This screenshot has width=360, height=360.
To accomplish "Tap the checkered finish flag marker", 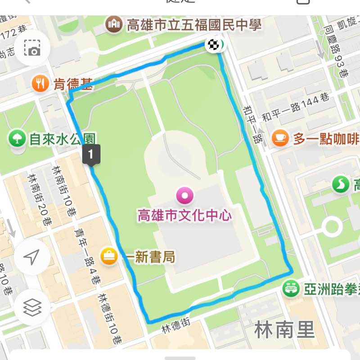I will click(x=213, y=44).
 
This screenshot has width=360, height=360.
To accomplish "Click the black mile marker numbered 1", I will click(x=91, y=155).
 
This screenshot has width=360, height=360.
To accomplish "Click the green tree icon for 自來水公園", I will click(x=17, y=138).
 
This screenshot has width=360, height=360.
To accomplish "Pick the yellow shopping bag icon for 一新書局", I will click(x=109, y=257).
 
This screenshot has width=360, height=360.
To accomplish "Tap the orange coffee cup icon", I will click(x=280, y=138).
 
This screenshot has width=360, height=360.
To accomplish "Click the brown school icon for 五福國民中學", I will click(x=114, y=24).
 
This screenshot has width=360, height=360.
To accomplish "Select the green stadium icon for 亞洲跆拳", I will click(x=291, y=288).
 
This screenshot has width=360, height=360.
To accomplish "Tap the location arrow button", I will click(x=31, y=257).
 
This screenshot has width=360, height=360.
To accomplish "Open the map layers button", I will click(x=32, y=307).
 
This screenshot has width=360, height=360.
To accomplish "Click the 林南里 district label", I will click(x=284, y=330).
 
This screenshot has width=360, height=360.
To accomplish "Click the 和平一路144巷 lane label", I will click(x=295, y=108).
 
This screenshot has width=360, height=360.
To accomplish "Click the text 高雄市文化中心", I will click(x=185, y=215).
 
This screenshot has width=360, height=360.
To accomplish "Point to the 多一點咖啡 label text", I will click(x=326, y=139).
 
